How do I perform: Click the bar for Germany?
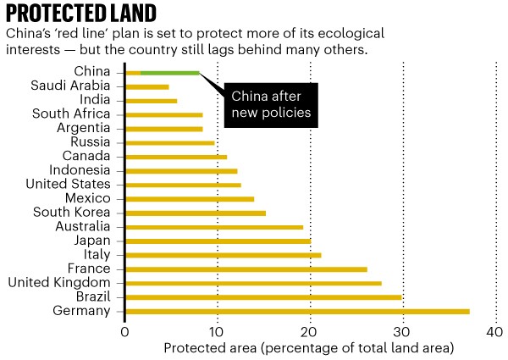pos(296,312)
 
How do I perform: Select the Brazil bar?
pos(262,297)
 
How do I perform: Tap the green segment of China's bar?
pos(169,73)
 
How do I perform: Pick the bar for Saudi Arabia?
pos(146,86)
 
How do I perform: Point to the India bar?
pos(151,101)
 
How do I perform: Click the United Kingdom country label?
pos(58,283)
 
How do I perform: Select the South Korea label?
pos(71,213)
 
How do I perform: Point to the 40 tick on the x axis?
pos(495,332)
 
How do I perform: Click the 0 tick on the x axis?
pos(124,332)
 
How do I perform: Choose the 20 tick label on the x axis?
pos(310,332)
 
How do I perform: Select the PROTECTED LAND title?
pos(81,14)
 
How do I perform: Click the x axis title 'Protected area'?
pos(308,348)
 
